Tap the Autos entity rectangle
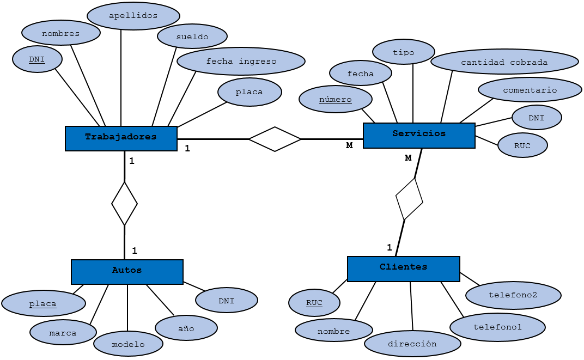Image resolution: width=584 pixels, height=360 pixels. [127, 271]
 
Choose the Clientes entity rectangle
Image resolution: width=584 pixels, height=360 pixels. [403, 269]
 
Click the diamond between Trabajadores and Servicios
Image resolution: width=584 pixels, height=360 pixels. [275, 139]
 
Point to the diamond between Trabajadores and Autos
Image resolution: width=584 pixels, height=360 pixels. [124, 204]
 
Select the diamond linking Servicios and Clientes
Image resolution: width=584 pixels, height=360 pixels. [409, 199]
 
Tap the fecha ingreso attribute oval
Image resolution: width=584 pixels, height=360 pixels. [241, 62]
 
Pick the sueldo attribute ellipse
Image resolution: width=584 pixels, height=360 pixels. [192, 36]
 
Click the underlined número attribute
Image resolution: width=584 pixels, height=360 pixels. [336, 99]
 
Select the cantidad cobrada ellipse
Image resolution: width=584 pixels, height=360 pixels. [504, 62]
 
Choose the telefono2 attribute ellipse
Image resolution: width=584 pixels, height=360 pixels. [513, 295]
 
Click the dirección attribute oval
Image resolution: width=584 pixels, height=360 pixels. [412, 344]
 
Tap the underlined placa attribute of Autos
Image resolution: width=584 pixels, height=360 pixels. [44, 303]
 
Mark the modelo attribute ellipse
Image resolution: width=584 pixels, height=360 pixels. [128, 344]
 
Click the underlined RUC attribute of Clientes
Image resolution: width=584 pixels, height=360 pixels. [314, 303]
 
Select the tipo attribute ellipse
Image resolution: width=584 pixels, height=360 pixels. [404, 52]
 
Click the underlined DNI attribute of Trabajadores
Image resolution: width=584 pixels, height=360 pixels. [37, 59]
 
